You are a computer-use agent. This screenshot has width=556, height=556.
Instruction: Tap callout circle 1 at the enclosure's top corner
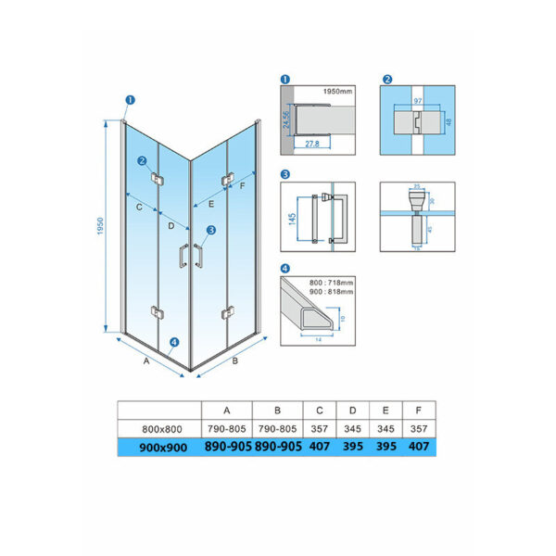point(130,101)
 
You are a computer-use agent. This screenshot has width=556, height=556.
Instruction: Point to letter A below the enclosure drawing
point(145,362)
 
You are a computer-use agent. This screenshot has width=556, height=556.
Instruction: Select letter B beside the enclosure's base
point(234,360)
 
